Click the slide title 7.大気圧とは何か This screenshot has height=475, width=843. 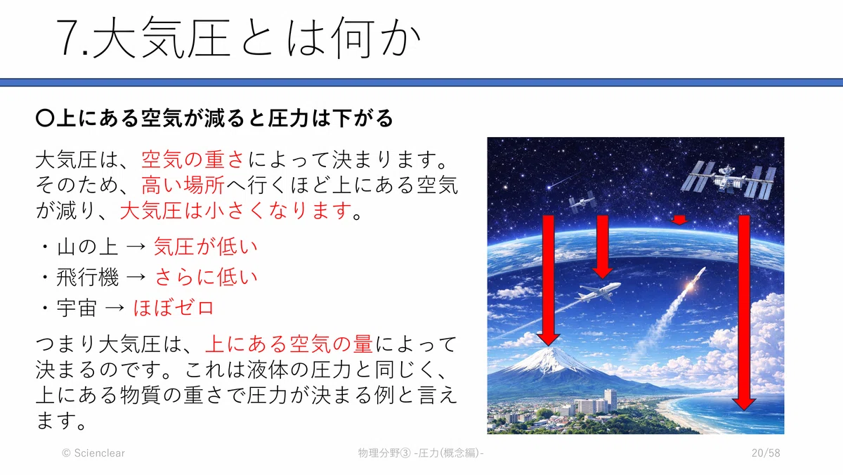click(238, 38)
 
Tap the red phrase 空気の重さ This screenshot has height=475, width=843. click(193, 160)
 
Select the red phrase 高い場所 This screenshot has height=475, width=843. click(183, 185)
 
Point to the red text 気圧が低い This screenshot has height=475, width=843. click(205, 247)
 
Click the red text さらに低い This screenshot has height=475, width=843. click(206, 278)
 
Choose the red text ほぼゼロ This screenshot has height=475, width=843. click(174, 308)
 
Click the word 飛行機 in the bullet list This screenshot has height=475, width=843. click(87, 278)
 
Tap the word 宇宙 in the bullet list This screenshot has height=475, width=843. click(77, 308)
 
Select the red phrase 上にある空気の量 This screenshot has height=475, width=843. click(289, 344)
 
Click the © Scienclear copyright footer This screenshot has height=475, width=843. click(93, 453)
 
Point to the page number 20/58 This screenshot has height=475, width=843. click(766, 453)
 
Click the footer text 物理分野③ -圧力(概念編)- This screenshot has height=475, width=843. click(421, 453)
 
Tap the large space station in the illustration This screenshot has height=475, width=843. click(728, 181)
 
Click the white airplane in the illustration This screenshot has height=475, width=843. click(599, 292)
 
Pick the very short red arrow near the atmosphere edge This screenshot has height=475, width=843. click(679, 220)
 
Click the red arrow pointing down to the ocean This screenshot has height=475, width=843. click(744, 313)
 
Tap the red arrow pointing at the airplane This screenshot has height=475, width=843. click(603, 247)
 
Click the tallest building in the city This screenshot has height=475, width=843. click(610, 400)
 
